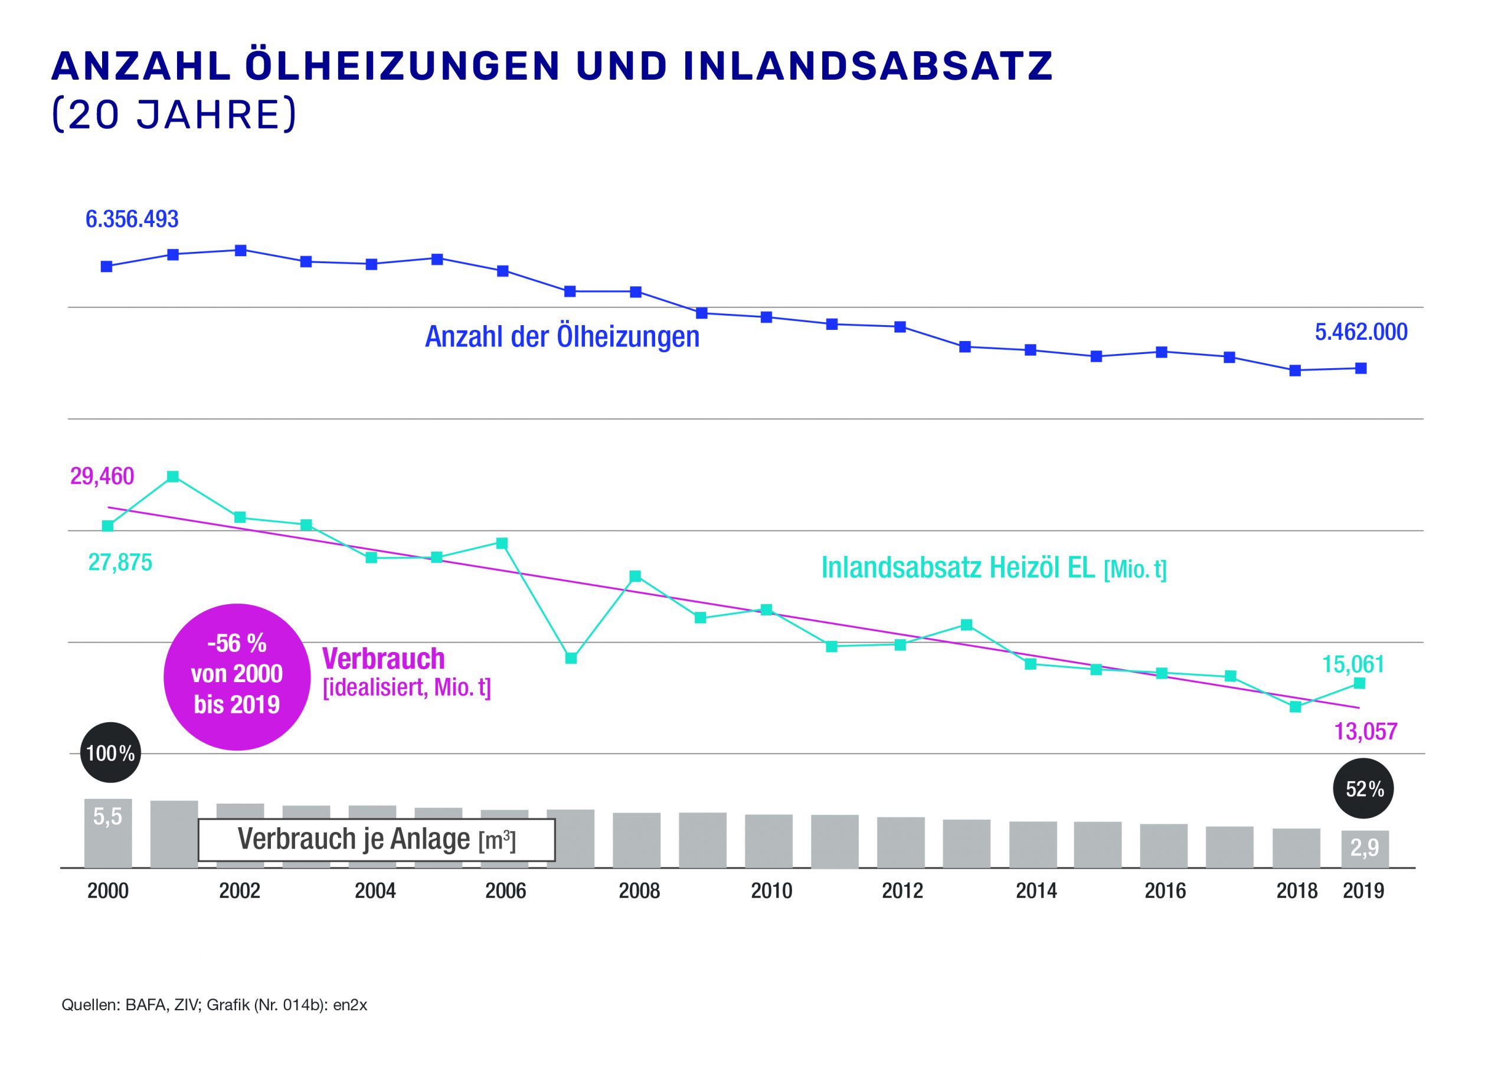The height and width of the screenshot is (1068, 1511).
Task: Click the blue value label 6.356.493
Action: pos(132,219)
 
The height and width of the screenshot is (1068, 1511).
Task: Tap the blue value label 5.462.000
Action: pos(1361,332)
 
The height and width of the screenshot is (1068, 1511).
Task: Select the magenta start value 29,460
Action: pos(102,476)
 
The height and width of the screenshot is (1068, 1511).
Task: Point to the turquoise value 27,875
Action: pos(120,563)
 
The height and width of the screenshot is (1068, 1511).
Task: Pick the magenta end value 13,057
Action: pos(1366,732)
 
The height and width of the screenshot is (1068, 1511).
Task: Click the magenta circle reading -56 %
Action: pos(236,676)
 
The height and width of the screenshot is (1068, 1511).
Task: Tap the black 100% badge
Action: pos(110,753)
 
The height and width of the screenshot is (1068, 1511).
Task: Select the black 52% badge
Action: pos(1363,788)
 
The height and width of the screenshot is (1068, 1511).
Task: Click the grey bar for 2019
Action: pos(1365,849)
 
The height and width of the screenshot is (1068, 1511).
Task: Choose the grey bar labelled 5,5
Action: pos(108,833)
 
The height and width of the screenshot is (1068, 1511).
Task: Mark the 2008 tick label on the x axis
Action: pos(639,891)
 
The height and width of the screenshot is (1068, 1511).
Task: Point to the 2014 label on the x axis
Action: pos(1036,891)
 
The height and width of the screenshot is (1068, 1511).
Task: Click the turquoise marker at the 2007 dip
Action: pos(571,658)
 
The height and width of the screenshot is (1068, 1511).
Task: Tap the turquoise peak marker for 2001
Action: pos(172,476)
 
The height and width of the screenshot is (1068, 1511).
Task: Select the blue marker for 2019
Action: pos(1361,369)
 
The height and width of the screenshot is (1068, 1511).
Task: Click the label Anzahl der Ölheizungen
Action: pos(562,337)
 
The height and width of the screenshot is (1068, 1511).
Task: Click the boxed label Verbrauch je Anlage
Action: pos(377,840)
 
